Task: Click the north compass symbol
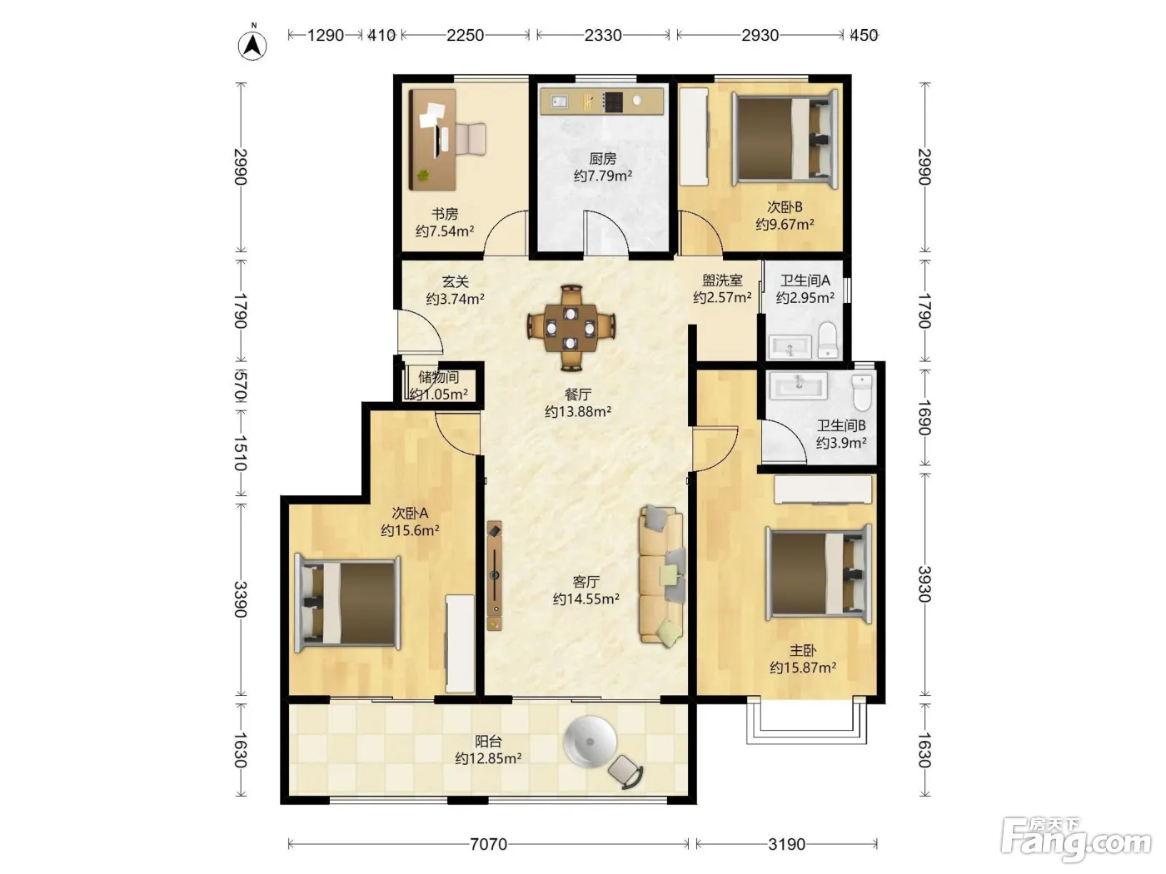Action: (252, 44)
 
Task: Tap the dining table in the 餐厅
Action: (571, 327)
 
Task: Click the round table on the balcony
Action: (590, 741)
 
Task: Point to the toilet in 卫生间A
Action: (828, 339)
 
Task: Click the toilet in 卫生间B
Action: (862, 392)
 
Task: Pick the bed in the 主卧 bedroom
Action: (819, 574)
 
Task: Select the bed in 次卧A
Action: (348, 603)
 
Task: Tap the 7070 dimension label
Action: (488, 844)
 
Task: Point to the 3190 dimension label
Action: (786, 844)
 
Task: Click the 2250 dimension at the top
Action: (465, 35)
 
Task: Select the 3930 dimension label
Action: (924, 583)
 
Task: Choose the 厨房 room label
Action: (602, 158)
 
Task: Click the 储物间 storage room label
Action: (438, 377)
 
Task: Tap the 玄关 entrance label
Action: (456, 281)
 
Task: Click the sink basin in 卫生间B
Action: (799, 385)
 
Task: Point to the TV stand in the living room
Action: (495, 575)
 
